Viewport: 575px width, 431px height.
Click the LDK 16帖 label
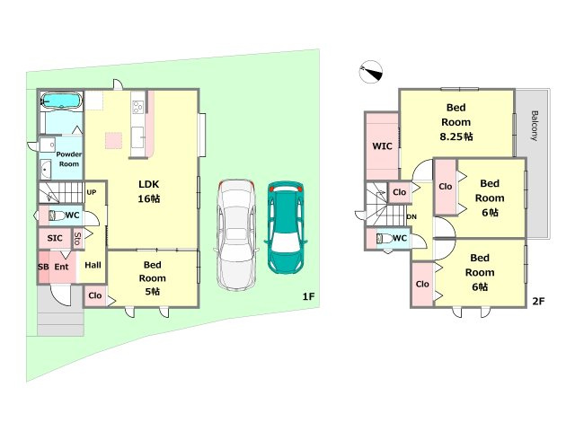[x=149, y=191]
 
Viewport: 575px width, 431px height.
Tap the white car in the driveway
[x=234, y=234]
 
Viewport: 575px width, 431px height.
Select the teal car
[x=286, y=227]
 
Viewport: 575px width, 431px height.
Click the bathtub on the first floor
[x=61, y=100]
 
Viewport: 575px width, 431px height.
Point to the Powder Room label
[x=69, y=159]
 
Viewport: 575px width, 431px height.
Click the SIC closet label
[x=55, y=238]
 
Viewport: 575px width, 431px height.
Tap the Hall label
[x=93, y=265]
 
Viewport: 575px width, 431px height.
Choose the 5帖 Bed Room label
[x=152, y=278]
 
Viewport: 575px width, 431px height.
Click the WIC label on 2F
[x=382, y=146]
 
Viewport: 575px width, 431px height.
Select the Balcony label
[x=534, y=126]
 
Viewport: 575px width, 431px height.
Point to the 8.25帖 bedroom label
[x=456, y=122]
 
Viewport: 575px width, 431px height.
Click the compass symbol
[x=371, y=72]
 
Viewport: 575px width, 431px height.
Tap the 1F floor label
[x=308, y=296]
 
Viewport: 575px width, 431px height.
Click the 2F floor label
[x=538, y=302]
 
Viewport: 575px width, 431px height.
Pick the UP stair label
[x=92, y=192]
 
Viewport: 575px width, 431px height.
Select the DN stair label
[x=411, y=217]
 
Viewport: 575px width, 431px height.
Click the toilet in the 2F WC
[x=384, y=239]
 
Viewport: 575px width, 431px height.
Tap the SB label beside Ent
[x=43, y=268]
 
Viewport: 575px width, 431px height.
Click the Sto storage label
[x=77, y=239]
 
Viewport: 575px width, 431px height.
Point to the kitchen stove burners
[x=137, y=108]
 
